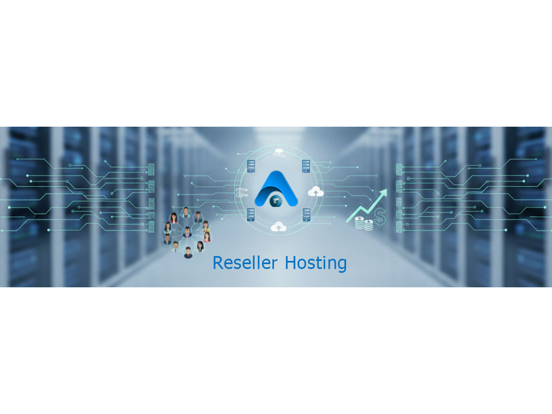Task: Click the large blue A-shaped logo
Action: [276, 186]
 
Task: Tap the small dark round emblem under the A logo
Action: [276, 201]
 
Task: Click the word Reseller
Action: [245, 263]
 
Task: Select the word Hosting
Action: [315, 263]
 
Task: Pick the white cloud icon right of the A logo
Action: [315, 191]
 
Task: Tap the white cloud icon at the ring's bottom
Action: [278, 227]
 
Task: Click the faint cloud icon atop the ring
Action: [279, 151]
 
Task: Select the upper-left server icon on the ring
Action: [251, 165]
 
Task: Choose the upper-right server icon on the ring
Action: [306, 165]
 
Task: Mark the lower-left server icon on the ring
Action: [251, 215]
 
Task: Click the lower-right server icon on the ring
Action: [306, 215]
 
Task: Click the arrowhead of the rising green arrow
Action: [383, 192]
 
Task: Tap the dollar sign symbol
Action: [380, 217]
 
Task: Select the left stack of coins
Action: [360, 223]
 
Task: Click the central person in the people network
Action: [187, 232]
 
